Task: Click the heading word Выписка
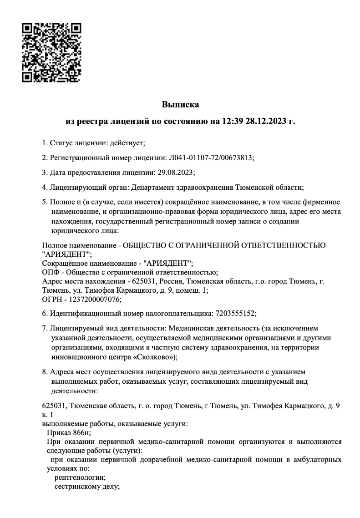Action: pos(181,105)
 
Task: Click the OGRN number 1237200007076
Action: pos(91,299)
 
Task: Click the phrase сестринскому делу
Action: pos(86,487)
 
